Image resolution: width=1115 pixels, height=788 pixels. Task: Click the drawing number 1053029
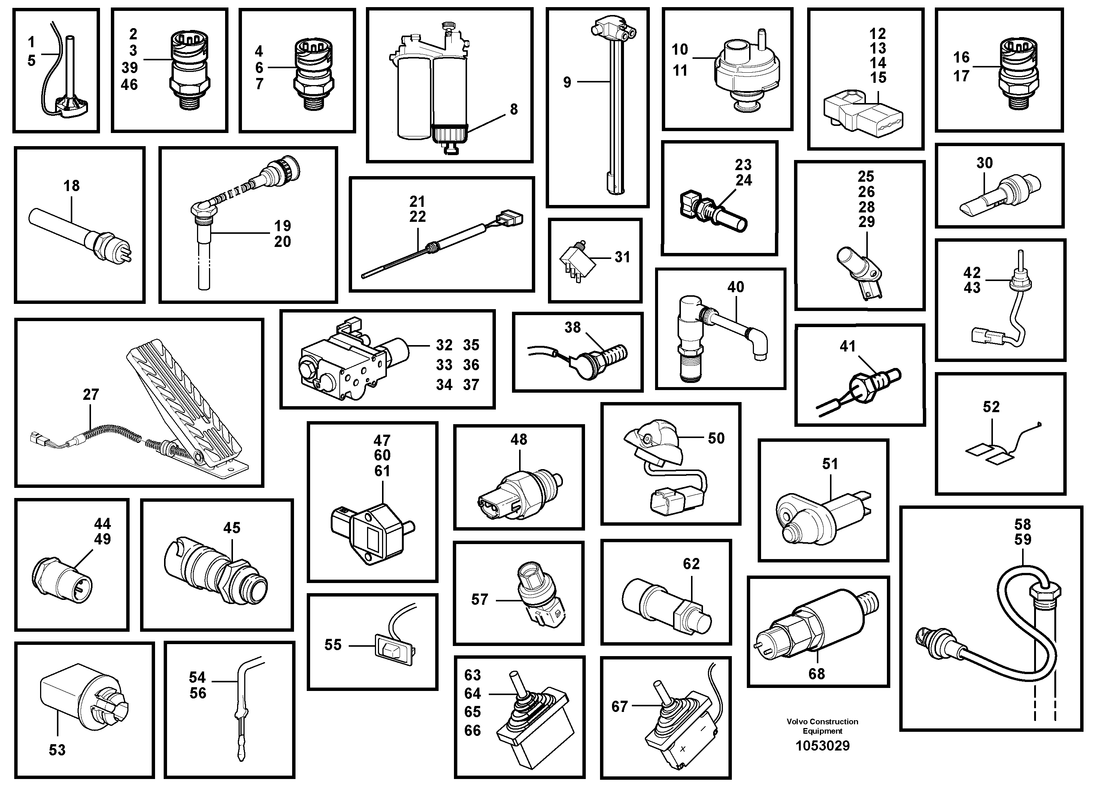(x=822, y=746)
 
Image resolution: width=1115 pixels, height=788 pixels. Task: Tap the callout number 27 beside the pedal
(x=91, y=395)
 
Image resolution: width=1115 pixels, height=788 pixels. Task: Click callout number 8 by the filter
(x=514, y=109)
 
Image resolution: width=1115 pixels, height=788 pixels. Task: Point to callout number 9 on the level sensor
(x=567, y=82)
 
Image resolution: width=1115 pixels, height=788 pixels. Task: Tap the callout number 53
(x=57, y=750)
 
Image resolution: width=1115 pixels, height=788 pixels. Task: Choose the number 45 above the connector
(x=231, y=528)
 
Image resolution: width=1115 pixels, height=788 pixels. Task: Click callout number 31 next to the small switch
(x=622, y=257)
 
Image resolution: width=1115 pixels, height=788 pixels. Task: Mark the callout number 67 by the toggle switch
(x=619, y=706)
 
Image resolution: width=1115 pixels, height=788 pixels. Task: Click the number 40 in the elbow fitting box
(x=736, y=287)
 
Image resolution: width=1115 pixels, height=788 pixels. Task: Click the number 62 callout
(x=691, y=564)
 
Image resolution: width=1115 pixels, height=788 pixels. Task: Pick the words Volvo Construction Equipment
(x=822, y=726)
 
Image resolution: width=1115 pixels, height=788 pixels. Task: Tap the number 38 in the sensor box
(x=573, y=327)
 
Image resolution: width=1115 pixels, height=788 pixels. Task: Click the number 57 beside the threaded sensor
(x=479, y=600)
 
